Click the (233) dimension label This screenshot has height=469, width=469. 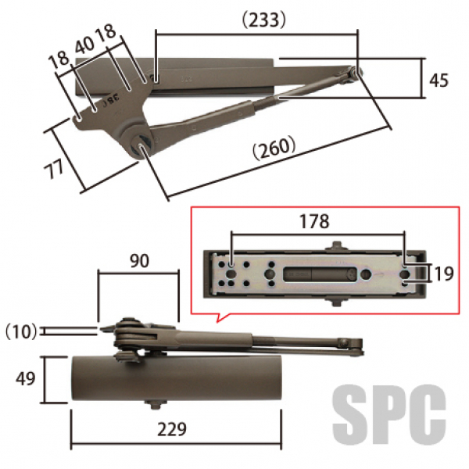pos(264,20)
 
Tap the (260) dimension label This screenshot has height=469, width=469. pos(274,148)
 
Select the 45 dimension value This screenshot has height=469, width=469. pos(439,81)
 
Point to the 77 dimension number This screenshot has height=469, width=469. pos(54,169)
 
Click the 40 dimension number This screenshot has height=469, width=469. pos(84,45)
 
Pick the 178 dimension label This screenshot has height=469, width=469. pos(314,221)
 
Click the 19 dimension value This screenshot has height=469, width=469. pos(443,274)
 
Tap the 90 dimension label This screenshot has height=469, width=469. pos(139,261)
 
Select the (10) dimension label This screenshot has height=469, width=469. pos(21,331)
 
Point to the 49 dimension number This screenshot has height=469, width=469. pos(26,378)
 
